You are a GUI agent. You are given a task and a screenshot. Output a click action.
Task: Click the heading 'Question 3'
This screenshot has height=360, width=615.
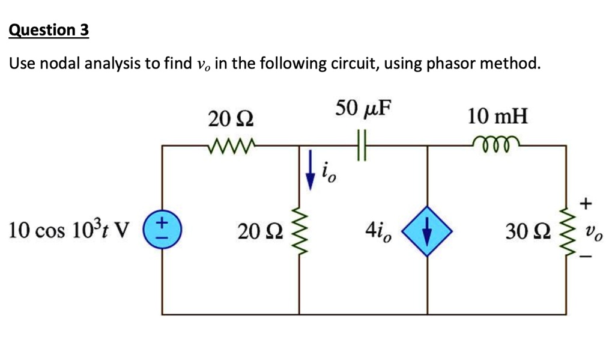tap(49, 30)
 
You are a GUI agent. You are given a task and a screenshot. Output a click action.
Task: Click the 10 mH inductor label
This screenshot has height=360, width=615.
tap(498, 115)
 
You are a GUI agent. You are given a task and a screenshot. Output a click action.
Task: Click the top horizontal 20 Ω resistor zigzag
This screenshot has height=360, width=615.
tap(231, 145)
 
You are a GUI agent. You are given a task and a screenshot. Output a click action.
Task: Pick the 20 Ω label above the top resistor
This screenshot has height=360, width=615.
tap(231, 118)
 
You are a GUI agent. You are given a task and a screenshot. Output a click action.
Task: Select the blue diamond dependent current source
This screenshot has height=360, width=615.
tap(426, 231)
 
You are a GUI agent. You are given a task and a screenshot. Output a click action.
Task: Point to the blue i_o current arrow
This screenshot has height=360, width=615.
tap(311, 169)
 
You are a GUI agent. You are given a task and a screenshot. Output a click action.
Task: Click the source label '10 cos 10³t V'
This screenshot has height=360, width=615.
tap(70, 230)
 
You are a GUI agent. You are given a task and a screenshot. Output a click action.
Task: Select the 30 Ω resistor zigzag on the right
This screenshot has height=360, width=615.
tap(566, 230)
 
